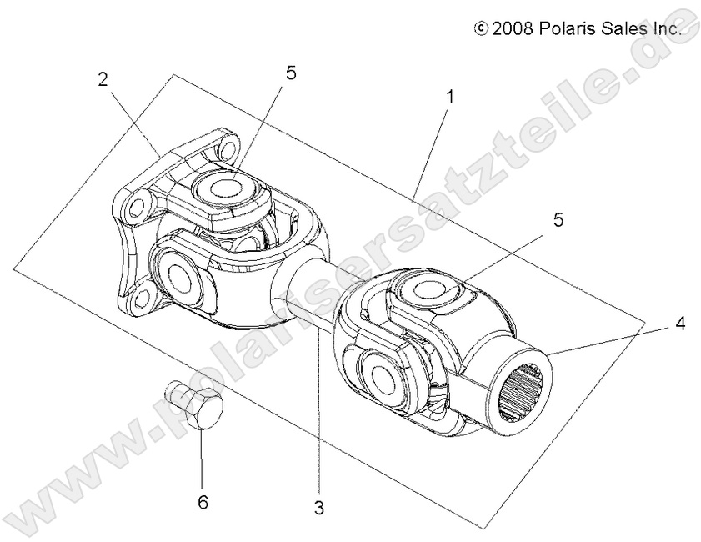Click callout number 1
click(449, 97)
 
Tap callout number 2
click(103, 80)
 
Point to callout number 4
click(680, 322)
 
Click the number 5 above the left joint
click(290, 73)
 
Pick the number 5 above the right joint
click(558, 220)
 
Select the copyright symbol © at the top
click(481, 28)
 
